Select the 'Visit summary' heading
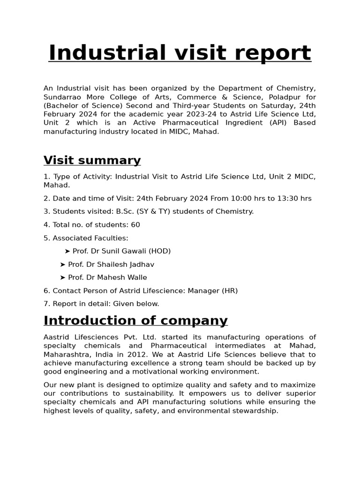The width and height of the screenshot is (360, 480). [92, 160]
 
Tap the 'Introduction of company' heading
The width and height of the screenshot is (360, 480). [135, 321]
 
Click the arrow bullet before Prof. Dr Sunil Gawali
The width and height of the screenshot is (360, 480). [67, 251]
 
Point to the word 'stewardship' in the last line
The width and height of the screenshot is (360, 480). [256, 411]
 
